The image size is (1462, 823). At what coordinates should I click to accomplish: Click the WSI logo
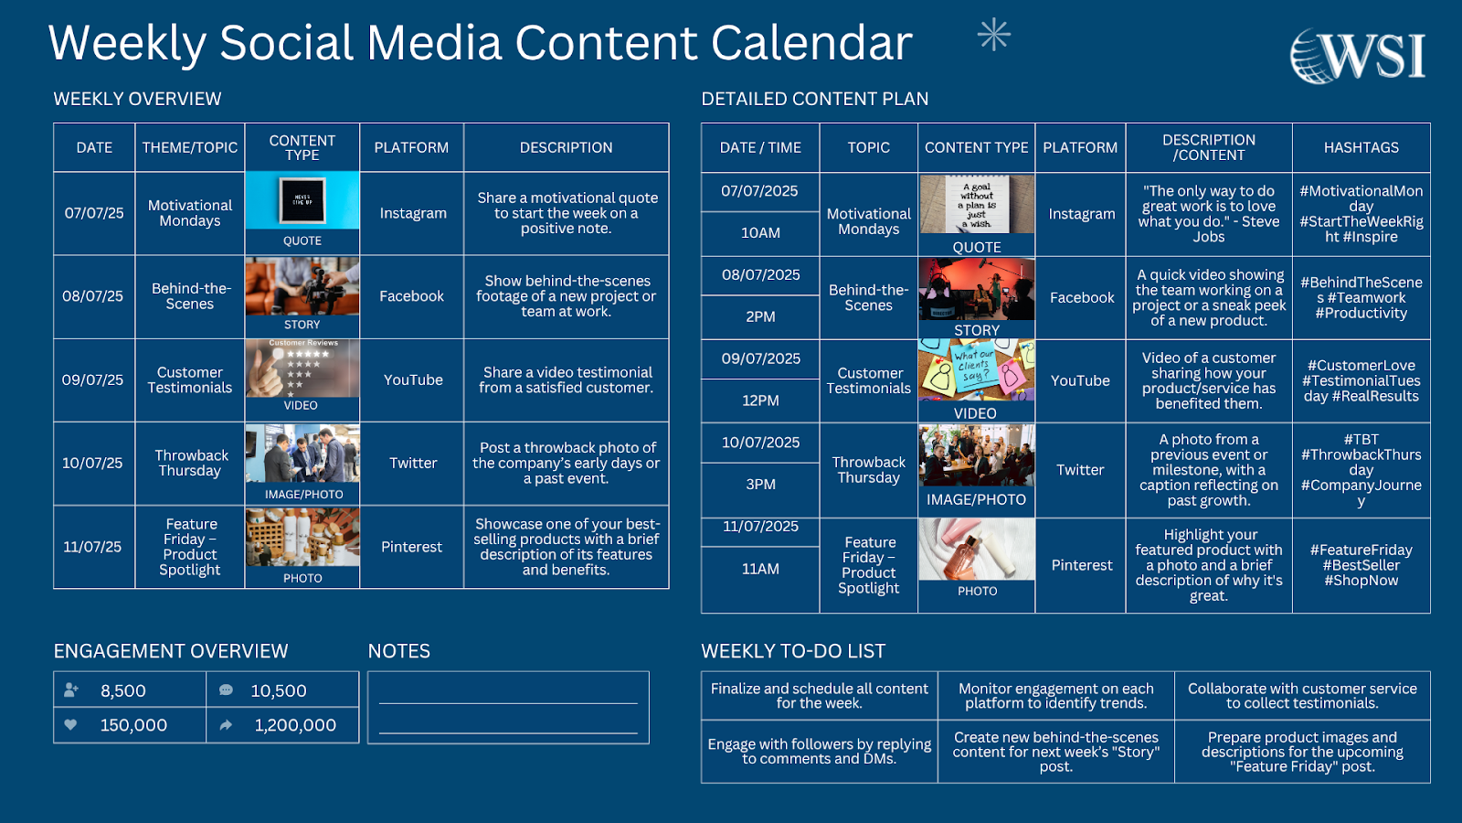[1358, 56]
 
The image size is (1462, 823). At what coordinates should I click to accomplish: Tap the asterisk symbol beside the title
[993, 36]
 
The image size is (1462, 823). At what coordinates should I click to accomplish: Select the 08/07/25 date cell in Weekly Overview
[93, 296]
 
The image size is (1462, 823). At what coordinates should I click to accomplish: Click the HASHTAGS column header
[1361, 147]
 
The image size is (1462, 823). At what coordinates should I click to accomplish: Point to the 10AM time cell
[760, 233]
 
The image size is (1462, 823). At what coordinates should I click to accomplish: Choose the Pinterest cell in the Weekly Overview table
[412, 547]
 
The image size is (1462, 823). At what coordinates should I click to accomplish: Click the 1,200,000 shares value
[295, 725]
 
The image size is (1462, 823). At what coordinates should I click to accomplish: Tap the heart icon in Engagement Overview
[71, 724]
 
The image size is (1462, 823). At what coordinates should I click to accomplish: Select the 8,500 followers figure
[123, 691]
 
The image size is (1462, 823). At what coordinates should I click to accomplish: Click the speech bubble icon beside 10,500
[226, 690]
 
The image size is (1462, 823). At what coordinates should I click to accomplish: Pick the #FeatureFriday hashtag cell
[1361, 565]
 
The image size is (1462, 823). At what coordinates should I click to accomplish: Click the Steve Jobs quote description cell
[1208, 214]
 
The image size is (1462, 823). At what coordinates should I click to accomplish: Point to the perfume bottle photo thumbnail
[976, 550]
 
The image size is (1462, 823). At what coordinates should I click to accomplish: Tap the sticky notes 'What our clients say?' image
[976, 370]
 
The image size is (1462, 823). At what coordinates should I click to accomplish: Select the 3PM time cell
[760, 485]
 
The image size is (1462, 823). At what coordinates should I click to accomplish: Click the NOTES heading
[398, 651]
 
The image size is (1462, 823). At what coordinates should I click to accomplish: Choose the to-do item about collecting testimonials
[1302, 696]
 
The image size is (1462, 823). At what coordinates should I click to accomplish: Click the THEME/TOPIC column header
[190, 147]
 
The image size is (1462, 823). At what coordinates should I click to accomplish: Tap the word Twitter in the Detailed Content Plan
[1080, 470]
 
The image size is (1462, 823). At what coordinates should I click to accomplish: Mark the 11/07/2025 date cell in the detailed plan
[760, 527]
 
